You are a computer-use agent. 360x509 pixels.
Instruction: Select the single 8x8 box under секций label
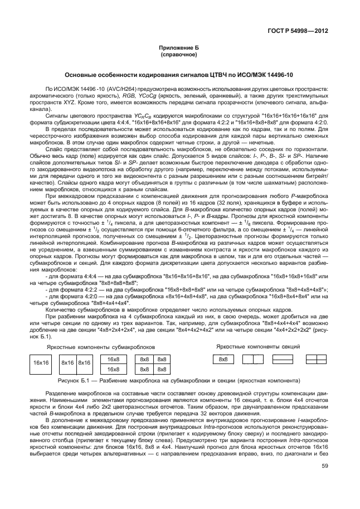(222, 359)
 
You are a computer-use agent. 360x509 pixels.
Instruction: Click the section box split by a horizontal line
(283, 359)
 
